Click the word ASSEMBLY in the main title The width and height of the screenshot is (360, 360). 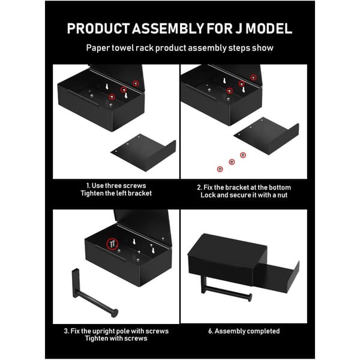pos(167,28)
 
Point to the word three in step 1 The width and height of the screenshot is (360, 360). pos(116,185)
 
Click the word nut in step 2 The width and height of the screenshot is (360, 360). pos(283,195)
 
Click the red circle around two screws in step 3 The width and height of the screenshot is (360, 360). pos(112,244)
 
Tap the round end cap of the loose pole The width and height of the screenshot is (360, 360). pos(115,313)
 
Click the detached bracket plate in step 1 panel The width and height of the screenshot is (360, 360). pos(144,152)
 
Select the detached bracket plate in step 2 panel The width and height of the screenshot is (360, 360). pos(267,136)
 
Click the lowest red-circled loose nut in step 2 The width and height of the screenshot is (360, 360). pos(220,169)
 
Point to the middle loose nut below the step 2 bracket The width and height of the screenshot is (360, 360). pos(232,162)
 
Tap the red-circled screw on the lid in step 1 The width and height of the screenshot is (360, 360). pos(136,83)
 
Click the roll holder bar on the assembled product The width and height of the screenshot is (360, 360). pos(226,289)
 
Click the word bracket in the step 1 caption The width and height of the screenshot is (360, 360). pos(140,193)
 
